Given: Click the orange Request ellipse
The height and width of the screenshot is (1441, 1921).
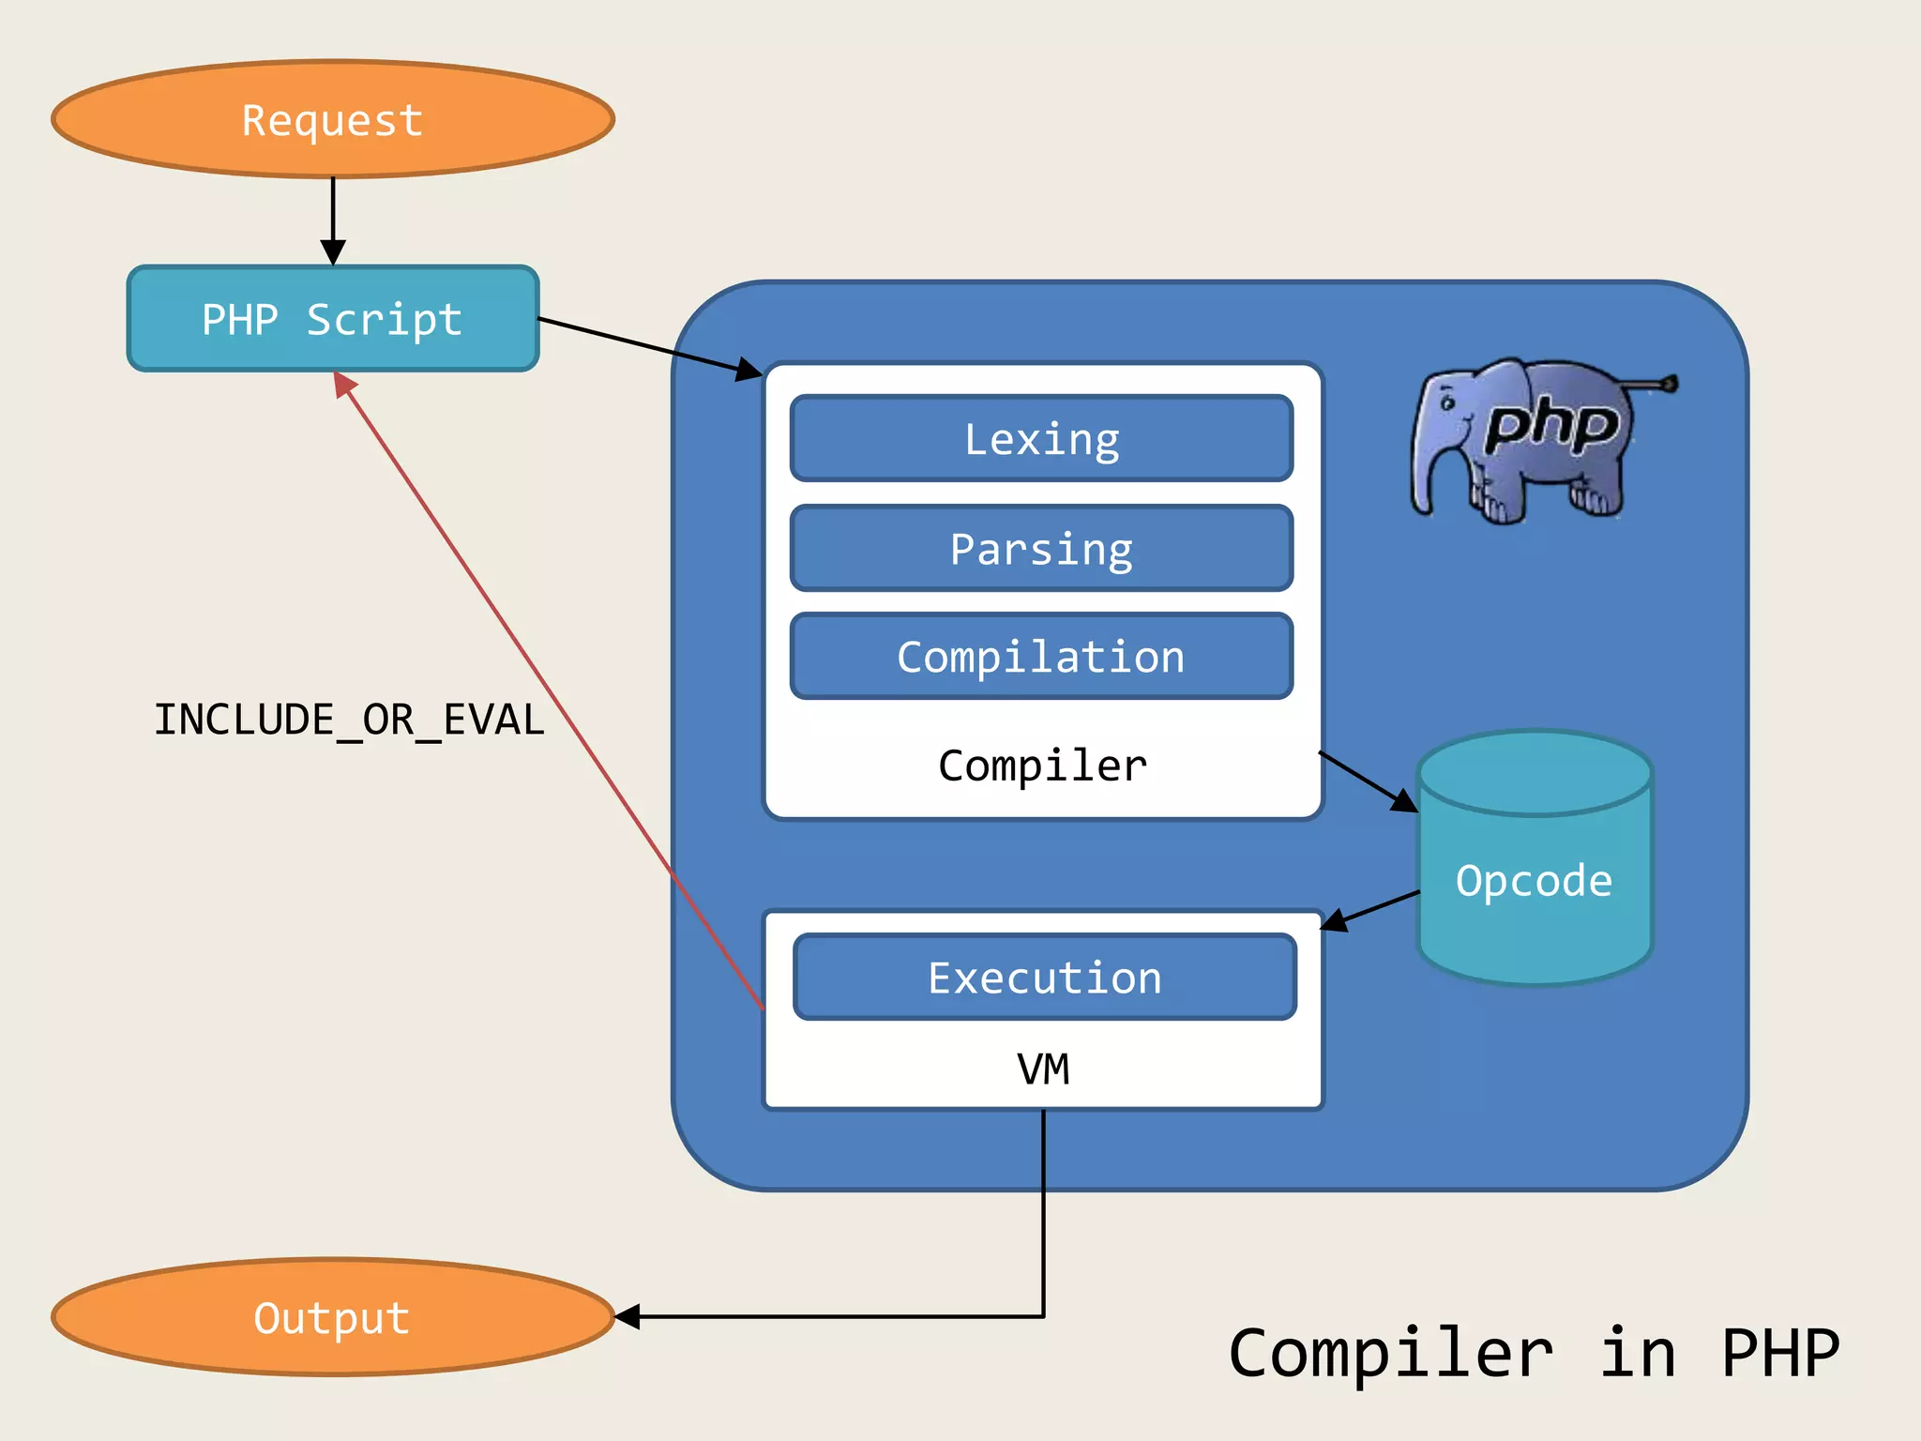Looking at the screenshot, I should pyautogui.click(x=333, y=119).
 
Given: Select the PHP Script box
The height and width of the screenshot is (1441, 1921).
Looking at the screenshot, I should pyautogui.click(x=333, y=319).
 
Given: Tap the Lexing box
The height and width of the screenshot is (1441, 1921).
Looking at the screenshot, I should pyautogui.click(x=1041, y=438).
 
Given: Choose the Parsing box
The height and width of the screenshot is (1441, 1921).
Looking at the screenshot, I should pyautogui.click(x=1041, y=548).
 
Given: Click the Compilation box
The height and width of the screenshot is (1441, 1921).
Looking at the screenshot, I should pyautogui.click(x=1041, y=656).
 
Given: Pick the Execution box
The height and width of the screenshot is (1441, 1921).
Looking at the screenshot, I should pyautogui.click(x=1044, y=977).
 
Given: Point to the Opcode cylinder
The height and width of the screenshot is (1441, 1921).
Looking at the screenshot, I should pyautogui.click(x=1535, y=880).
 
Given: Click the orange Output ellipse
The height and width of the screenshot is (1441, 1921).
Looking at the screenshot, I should pyautogui.click(x=333, y=1317).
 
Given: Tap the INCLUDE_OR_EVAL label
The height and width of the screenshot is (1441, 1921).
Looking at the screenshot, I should pyautogui.click(x=349, y=720).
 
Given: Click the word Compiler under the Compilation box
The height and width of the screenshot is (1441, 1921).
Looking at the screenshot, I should pyautogui.click(x=1042, y=766).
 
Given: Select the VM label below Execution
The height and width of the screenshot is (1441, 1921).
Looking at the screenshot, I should pyautogui.click(x=1043, y=1069).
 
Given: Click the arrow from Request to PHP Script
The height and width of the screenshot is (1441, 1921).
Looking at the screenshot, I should pyautogui.click(x=333, y=216).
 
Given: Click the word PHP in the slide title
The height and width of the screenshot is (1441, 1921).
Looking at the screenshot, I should pyautogui.click(x=1779, y=1354).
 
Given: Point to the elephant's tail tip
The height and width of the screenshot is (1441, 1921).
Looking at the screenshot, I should pyautogui.click(x=1669, y=383).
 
